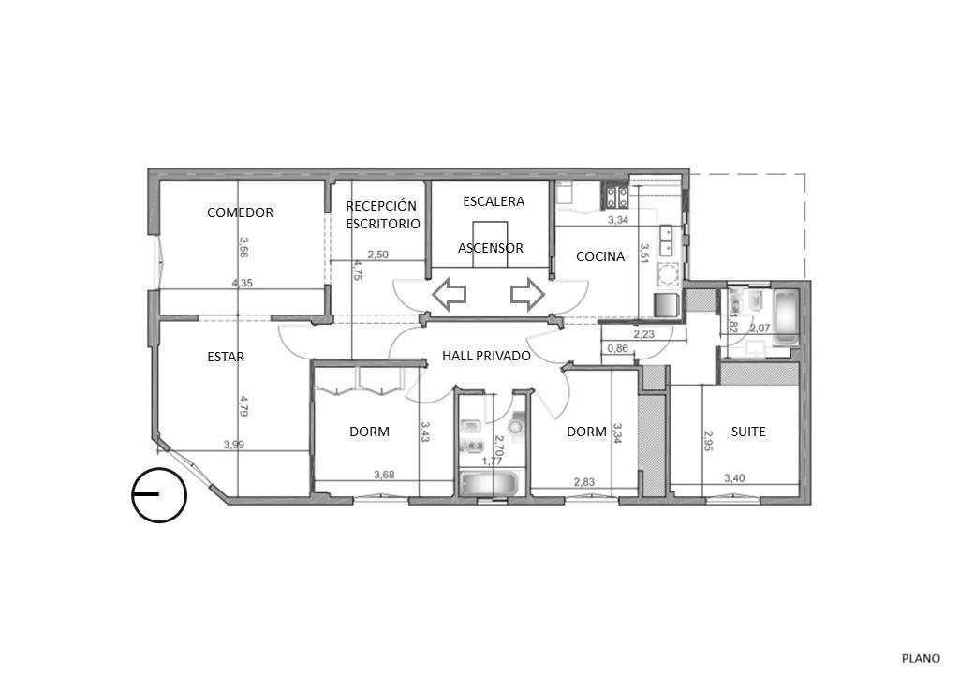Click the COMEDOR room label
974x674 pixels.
click(x=240, y=212)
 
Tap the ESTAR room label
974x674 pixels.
click(x=226, y=357)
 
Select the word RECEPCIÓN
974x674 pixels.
click(x=381, y=205)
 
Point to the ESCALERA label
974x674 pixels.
click(x=494, y=201)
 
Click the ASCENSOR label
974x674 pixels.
click(x=491, y=248)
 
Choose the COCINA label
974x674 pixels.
click(x=600, y=256)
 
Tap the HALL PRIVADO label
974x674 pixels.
click(x=486, y=356)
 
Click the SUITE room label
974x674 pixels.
click(x=748, y=432)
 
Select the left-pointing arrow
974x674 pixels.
click(x=450, y=294)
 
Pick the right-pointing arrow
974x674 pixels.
click(x=527, y=294)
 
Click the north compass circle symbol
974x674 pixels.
click(x=159, y=494)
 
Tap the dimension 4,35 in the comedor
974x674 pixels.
click(x=243, y=283)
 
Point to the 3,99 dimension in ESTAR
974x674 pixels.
click(x=233, y=445)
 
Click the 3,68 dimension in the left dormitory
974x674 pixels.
click(x=384, y=475)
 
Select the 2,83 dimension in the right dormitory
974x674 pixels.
click(x=583, y=481)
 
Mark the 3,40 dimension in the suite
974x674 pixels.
click(x=735, y=477)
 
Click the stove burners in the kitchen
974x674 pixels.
click(x=615, y=198)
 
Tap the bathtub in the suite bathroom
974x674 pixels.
click(x=786, y=317)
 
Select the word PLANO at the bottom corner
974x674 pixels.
click(x=922, y=658)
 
